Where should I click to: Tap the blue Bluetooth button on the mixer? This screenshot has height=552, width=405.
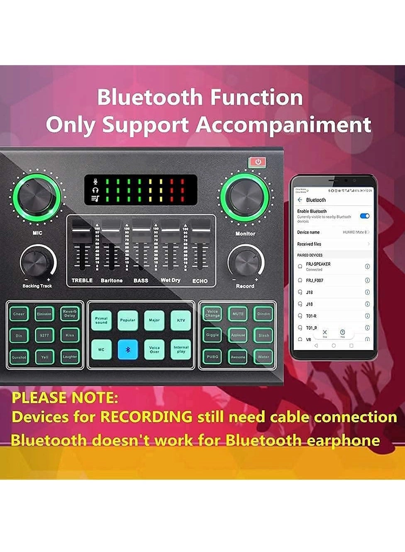point(127,350)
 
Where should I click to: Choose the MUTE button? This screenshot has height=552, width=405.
point(238,314)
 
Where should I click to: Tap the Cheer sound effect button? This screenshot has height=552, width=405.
point(19,314)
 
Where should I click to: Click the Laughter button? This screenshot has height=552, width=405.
point(70,357)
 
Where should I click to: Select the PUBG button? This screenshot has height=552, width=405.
point(212,357)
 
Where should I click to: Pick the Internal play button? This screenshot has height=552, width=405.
point(181,350)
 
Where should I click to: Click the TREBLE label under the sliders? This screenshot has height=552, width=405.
point(82,281)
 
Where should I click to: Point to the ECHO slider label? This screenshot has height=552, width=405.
point(200,281)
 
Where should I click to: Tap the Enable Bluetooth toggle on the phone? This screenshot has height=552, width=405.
point(365,216)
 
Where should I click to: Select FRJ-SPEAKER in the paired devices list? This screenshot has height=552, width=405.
point(318,264)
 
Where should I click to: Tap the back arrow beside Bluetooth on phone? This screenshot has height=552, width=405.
point(300,200)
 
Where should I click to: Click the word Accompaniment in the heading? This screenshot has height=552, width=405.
point(284,124)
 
